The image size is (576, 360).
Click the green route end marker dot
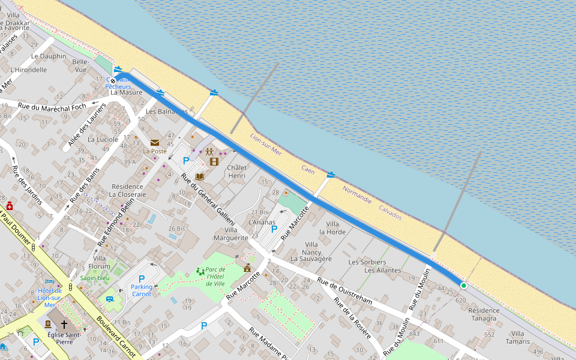pos(463,286)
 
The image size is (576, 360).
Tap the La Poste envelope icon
pos(155,143)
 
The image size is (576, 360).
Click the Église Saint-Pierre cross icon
pos(64,325)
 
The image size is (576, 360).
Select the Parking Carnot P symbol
pos(142,279)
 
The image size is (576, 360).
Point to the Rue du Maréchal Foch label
pos(53,107)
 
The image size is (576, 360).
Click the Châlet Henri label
pos(237,172)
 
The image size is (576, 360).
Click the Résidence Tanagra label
pos(484,314)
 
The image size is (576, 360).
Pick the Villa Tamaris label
pos(518,337)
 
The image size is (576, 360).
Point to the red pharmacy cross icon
pos(10,205)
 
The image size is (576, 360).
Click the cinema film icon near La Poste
pos(214,161)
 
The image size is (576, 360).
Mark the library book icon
pos(200,177)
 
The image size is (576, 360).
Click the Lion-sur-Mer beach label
pos(266,144)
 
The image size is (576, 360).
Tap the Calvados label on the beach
pos(390,212)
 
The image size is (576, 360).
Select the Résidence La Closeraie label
pos(127,190)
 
